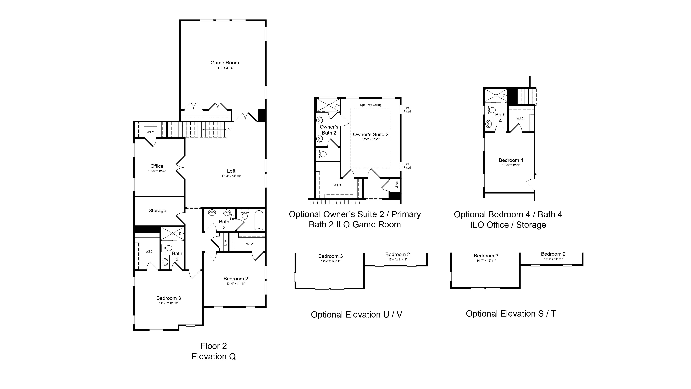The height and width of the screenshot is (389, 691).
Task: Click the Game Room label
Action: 224,63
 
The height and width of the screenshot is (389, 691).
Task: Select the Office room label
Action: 157,166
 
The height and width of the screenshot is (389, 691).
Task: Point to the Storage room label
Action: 157,211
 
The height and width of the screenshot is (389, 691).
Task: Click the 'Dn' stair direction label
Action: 229,129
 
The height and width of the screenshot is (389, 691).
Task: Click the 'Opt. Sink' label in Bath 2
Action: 232,217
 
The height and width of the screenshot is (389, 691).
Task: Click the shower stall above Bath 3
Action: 172,233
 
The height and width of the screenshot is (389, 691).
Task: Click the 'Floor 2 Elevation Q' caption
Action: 214,351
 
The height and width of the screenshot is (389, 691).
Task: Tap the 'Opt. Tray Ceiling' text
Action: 371,105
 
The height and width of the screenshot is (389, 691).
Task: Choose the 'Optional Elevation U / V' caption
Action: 356,315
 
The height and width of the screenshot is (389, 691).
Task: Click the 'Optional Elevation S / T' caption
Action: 511,314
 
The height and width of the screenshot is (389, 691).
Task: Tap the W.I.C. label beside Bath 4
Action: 520,118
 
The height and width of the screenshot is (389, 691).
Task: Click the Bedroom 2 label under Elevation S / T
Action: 553,254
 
